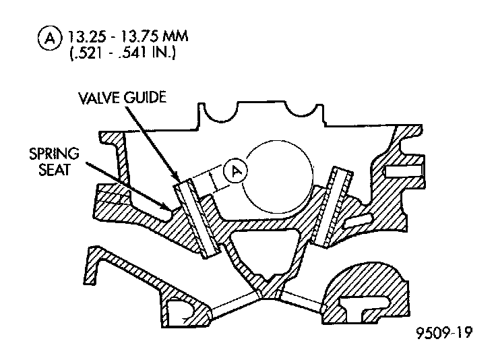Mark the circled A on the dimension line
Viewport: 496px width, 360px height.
pos(236,171)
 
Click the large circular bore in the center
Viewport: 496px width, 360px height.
pos(279,174)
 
